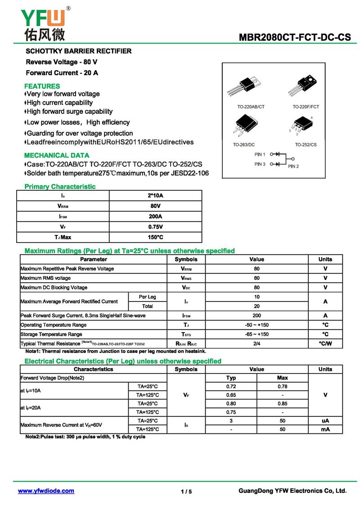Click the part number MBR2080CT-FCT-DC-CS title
(x=295, y=37)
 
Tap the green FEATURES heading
(x=42, y=86)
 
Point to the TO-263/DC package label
(x=244, y=144)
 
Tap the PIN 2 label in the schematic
(x=293, y=167)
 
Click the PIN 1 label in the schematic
(x=260, y=154)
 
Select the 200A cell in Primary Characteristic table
(x=155, y=216)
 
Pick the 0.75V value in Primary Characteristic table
(x=155, y=227)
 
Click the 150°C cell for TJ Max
(x=155, y=237)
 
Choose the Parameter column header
(x=94, y=259)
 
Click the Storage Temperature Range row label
(x=51, y=334)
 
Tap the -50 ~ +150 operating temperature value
(x=256, y=325)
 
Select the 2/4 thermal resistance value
(x=256, y=344)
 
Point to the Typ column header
(x=231, y=378)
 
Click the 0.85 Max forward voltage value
(x=282, y=403)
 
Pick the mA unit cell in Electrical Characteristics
(x=325, y=429)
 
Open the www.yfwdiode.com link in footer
(x=46, y=491)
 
